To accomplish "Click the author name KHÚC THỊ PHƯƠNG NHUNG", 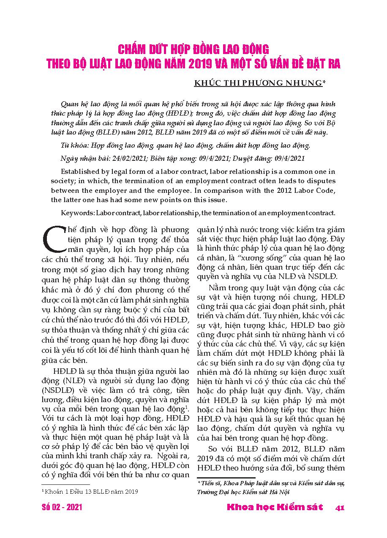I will click(x=258, y=83).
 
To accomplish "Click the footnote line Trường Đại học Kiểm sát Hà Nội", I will click(x=245, y=492).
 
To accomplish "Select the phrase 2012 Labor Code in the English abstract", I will click(x=308, y=190).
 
